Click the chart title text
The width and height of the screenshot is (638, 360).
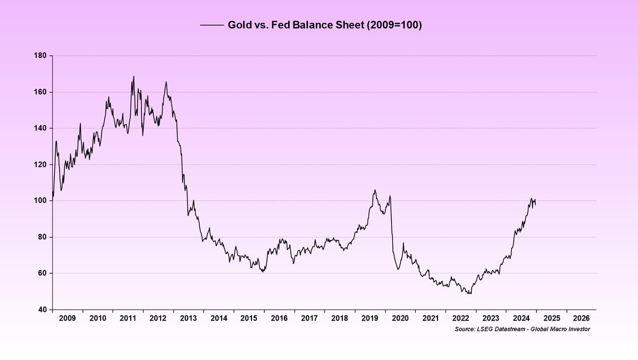point(324,25)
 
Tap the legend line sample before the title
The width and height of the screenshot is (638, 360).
point(212,25)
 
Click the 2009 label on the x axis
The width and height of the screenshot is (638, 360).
point(67,319)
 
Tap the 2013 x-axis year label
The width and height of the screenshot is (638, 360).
point(188,319)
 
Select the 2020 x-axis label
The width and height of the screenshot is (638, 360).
point(400,319)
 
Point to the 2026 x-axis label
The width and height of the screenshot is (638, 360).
point(581,319)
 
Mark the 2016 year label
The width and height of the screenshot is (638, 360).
point(279,319)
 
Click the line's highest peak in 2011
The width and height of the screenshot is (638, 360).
point(133,76)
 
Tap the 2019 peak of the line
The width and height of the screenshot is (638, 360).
point(375,190)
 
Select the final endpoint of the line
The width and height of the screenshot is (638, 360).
point(535,205)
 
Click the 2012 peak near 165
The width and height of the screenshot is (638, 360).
point(166,81)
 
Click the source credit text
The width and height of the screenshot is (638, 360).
point(515,330)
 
